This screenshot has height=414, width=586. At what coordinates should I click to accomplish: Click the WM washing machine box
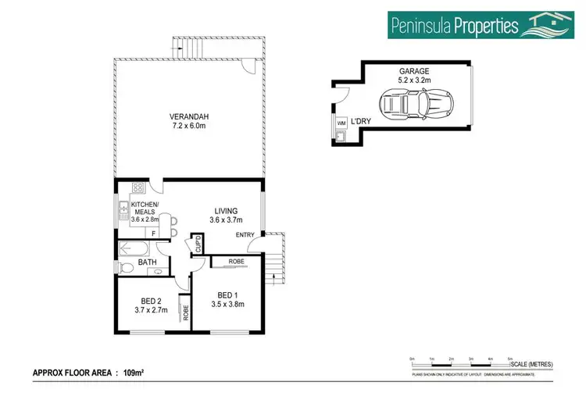coord(341,123)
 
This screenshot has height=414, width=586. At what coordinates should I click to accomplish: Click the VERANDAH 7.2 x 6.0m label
coord(190,121)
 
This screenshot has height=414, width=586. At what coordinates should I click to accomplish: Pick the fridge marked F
coord(154,233)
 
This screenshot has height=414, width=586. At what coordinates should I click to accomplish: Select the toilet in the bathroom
coord(127,268)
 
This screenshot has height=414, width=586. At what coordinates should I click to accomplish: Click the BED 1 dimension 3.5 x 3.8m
coord(228,305)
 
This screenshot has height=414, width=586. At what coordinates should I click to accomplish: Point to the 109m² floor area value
coord(134,373)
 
